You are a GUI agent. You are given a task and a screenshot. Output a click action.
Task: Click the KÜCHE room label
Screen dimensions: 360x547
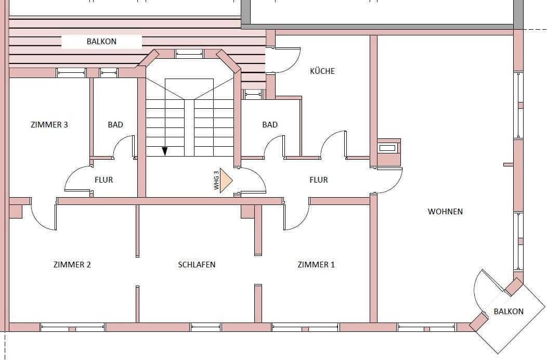[322, 71]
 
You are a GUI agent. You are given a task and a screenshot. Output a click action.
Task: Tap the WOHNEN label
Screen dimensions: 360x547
[445, 211]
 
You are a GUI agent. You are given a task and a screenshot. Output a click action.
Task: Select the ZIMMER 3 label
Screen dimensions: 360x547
[49, 124]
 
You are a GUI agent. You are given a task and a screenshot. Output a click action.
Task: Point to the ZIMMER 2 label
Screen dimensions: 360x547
[72, 264]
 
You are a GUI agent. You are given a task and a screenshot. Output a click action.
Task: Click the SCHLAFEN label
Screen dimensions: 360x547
[197, 264]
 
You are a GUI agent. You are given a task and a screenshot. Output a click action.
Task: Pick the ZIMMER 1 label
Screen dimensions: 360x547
[316, 264]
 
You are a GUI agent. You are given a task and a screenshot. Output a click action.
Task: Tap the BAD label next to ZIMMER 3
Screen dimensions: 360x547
[115, 124]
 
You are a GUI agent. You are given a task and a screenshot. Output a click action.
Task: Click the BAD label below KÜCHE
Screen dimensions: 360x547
[270, 124]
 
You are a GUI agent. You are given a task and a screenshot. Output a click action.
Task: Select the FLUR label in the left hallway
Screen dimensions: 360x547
[103, 179]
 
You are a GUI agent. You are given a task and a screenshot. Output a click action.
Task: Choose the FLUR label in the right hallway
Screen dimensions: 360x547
[319, 179]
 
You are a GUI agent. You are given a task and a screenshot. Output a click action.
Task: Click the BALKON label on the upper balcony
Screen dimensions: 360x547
[101, 41]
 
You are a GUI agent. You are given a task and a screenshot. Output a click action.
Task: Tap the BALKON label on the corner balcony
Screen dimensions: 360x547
[509, 311]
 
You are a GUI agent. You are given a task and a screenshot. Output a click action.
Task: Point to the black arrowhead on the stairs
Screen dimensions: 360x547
[165, 151]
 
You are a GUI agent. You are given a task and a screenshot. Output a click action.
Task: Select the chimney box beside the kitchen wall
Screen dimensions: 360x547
[389, 152]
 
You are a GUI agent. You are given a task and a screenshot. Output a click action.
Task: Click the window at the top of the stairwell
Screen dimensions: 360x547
[189, 53]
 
